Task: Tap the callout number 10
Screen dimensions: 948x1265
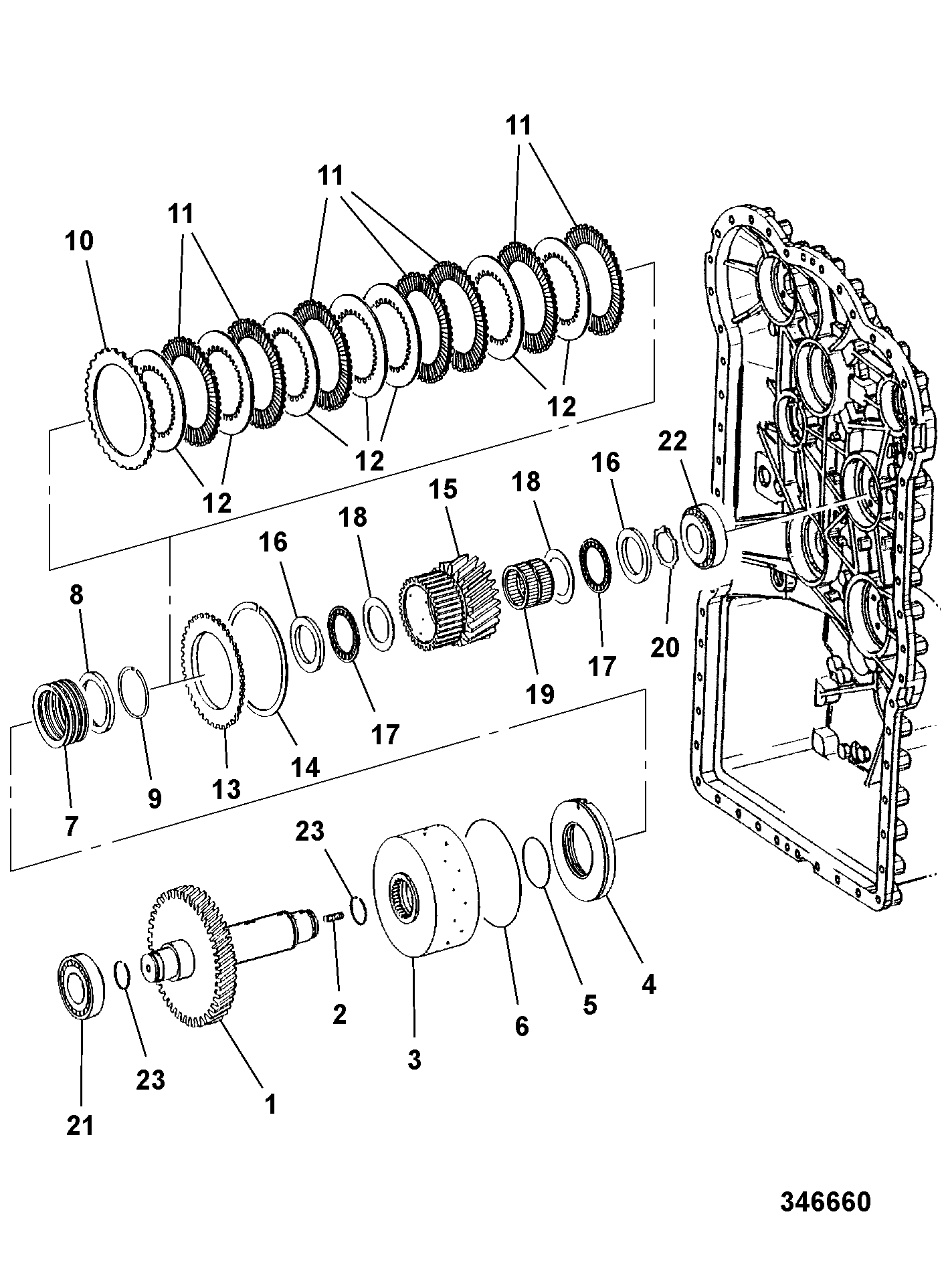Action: point(79,241)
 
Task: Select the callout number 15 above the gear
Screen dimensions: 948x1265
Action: point(443,489)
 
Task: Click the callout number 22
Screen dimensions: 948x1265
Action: point(672,442)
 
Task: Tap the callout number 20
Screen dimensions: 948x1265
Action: point(665,647)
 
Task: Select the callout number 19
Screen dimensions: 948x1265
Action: point(540,694)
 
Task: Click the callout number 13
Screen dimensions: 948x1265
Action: point(226,790)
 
